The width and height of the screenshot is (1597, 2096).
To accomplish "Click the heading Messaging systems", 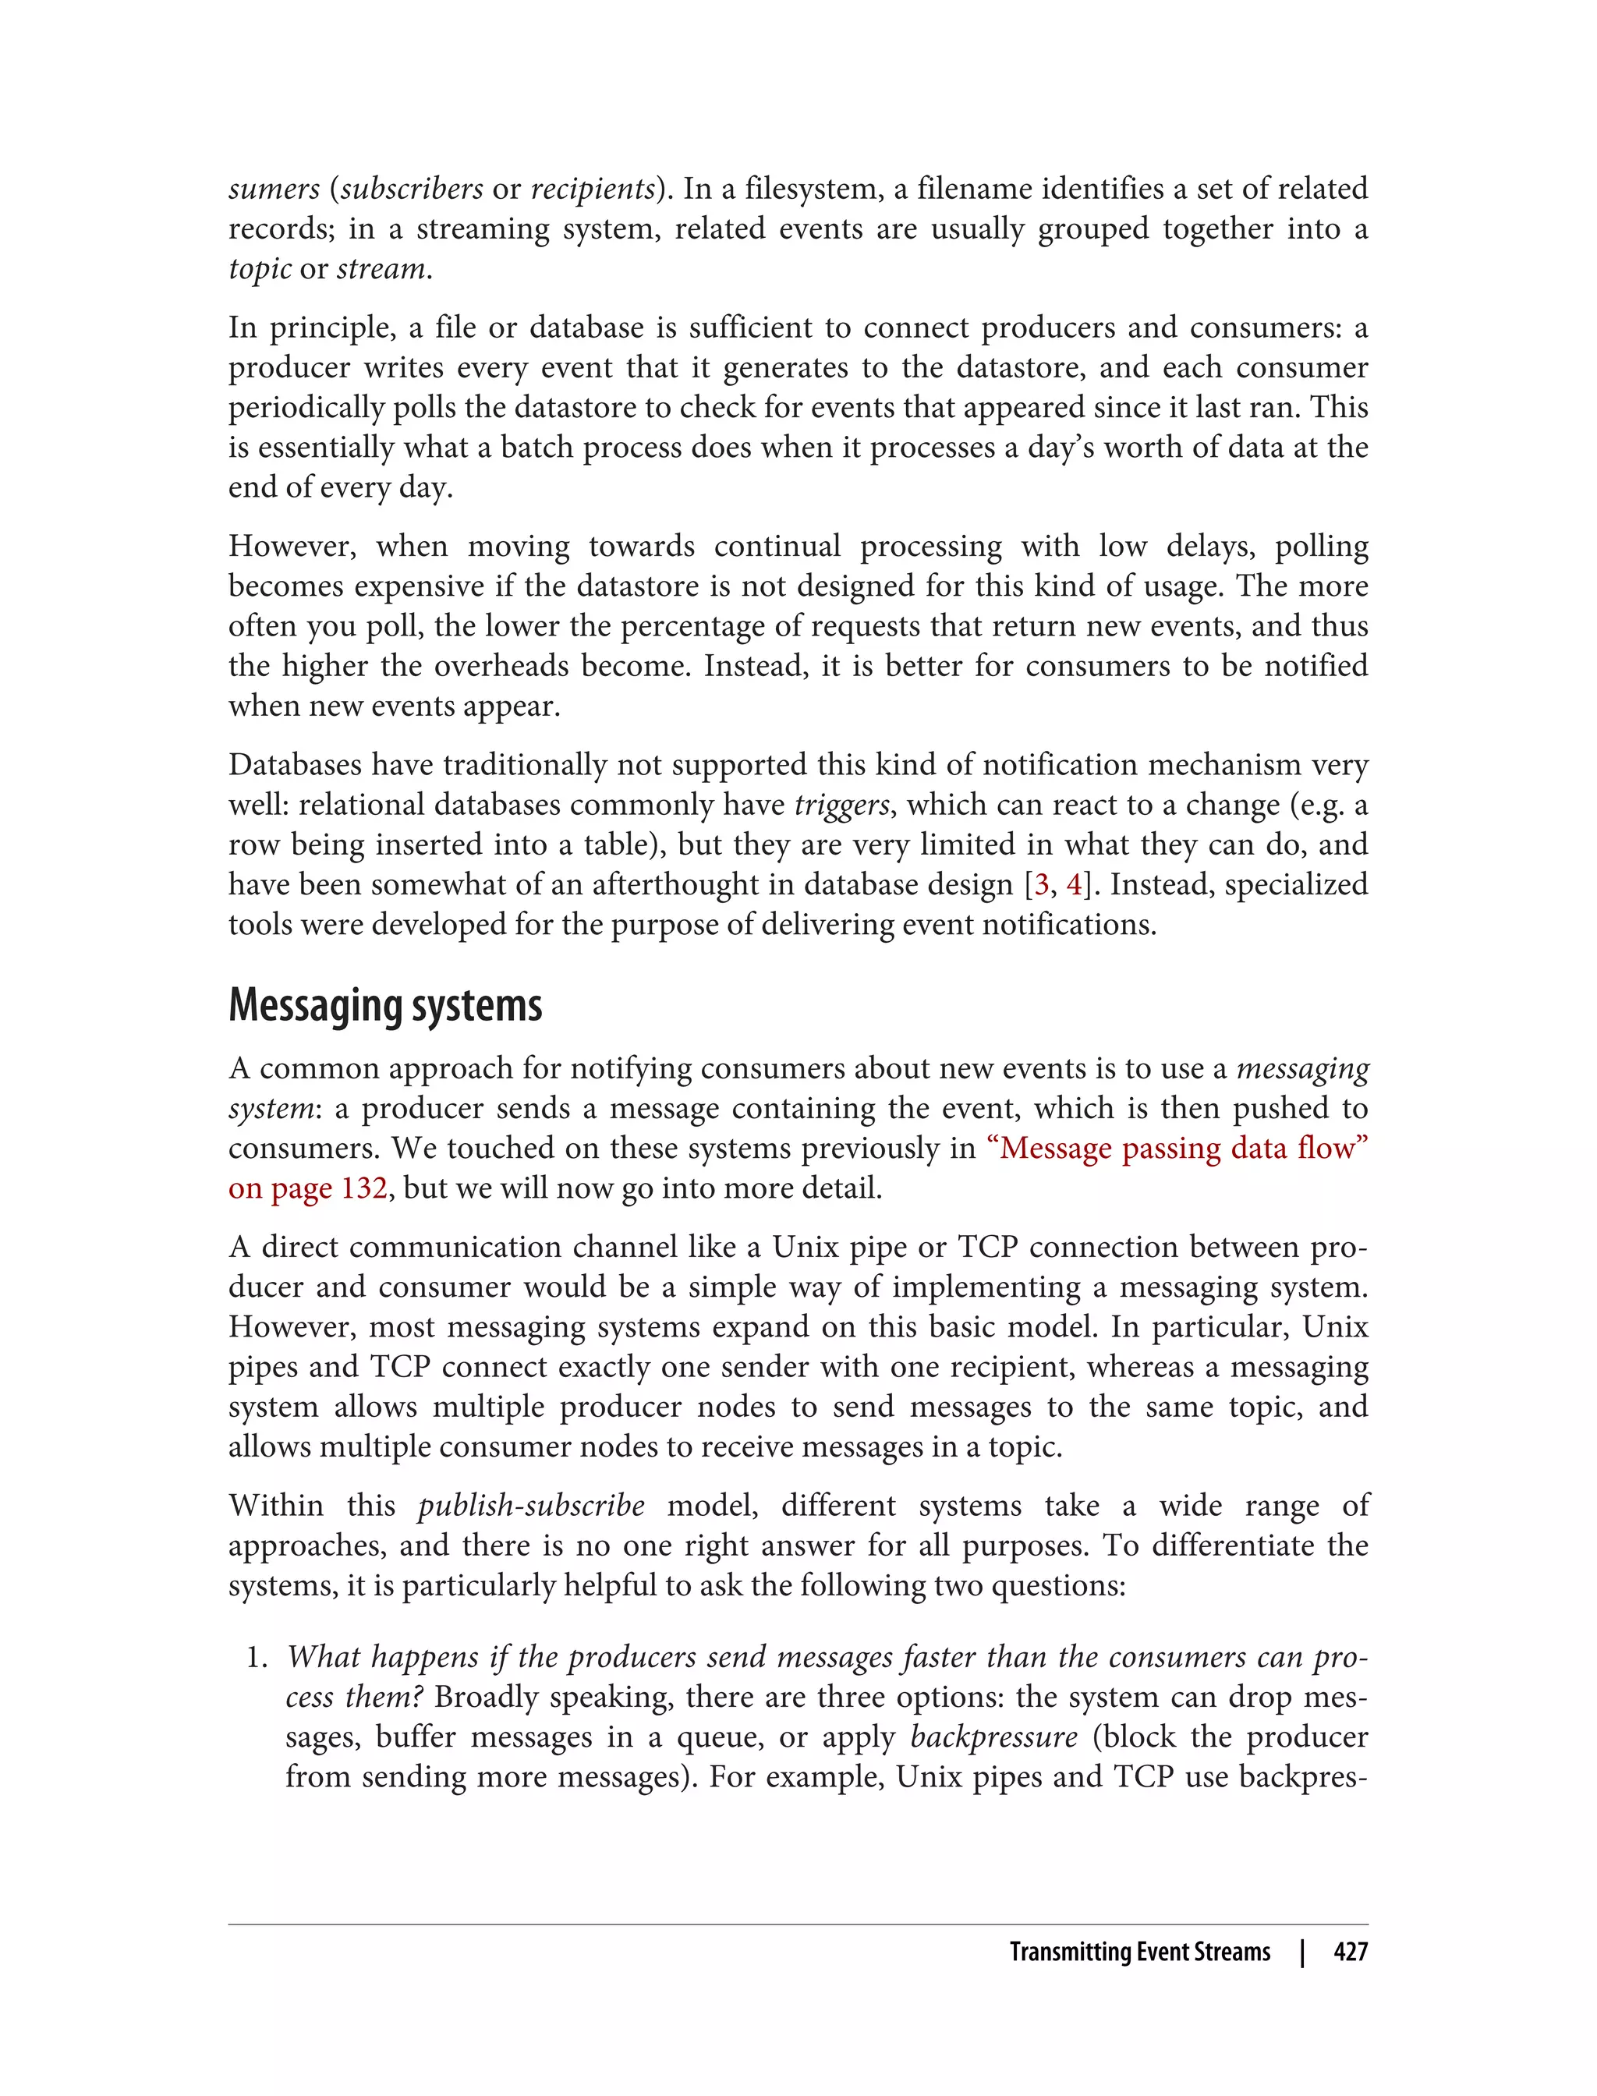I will coord(385,1006).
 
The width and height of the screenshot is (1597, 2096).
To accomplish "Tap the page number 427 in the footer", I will coord(1350,1952).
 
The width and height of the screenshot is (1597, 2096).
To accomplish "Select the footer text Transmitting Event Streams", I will coord(1138,1952).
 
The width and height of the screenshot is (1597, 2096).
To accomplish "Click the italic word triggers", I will coord(841,805).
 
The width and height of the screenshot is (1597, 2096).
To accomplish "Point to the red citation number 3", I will coord(1041,885).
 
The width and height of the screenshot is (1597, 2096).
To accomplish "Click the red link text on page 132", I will coord(307,1188).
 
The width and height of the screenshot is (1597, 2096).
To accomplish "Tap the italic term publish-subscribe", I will coord(531,1506).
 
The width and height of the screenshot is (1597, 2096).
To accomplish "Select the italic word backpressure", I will coord(993,1737).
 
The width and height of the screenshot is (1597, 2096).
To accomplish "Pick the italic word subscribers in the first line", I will coord(412,189).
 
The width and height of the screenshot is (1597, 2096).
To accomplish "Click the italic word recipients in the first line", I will coord(592,189).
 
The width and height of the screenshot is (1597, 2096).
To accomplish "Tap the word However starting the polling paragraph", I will coord(291,547).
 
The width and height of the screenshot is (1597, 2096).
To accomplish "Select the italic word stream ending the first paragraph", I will coord(381,269).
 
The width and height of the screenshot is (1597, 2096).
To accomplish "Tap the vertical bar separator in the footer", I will coord(1302,1952).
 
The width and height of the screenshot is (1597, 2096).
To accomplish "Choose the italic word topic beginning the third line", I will coord(259,270).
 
